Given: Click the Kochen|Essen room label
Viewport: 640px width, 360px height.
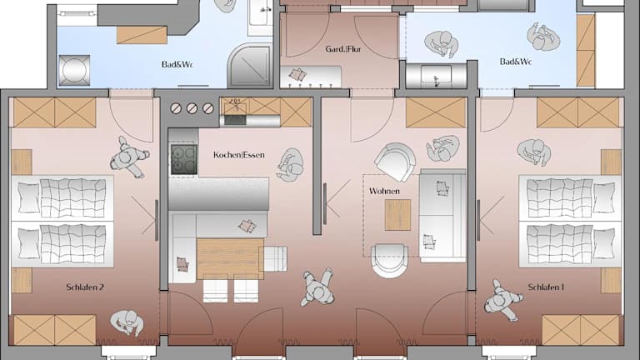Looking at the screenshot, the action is pos(239,155).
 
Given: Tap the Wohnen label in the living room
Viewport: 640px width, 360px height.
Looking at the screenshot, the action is pos(384,191).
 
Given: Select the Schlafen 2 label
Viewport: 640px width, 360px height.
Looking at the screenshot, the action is pos(85,287).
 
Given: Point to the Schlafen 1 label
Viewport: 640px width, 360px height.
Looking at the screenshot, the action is pos(546,287).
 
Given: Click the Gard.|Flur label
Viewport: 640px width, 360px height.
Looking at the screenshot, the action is pos(343,49).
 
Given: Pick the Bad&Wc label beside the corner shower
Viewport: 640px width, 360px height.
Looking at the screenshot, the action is pos(177,64).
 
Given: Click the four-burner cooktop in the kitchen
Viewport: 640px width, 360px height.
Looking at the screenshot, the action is pos(183,159).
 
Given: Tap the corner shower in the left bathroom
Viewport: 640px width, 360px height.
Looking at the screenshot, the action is pos(249,65).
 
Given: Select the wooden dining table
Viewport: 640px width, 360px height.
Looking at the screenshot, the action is pos(230,259).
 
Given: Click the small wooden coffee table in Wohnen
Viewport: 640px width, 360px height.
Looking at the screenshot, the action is pos(397,215).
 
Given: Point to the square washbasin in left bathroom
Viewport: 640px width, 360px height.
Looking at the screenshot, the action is pos(74,70).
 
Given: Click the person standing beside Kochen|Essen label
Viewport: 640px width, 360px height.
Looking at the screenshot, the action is pos(290,165).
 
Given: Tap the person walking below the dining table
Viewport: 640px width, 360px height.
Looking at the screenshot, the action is pos(317,287).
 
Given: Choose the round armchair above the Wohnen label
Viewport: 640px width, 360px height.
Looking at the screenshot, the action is pos(395,162).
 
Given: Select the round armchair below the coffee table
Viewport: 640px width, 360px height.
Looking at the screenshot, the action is pos(389,261).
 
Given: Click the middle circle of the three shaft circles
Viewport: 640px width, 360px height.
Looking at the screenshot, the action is pos(192,108).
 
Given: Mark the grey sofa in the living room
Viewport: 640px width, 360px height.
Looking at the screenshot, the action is pos(442,216).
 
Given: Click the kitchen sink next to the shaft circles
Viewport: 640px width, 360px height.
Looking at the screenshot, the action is pos(236,107).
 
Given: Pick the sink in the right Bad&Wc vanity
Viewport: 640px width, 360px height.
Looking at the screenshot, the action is pos(437,76).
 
